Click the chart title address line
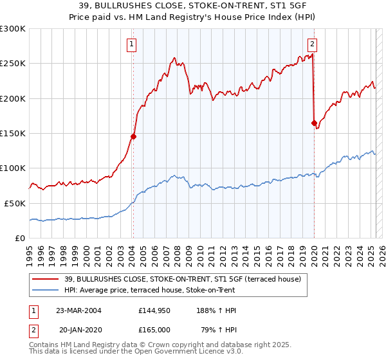pos(193,6)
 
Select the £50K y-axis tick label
pos(15,203)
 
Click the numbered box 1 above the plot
pos(131,44)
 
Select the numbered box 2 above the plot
pos(312,44)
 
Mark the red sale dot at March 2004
pos(134,136)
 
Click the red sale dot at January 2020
pos(314,123)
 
